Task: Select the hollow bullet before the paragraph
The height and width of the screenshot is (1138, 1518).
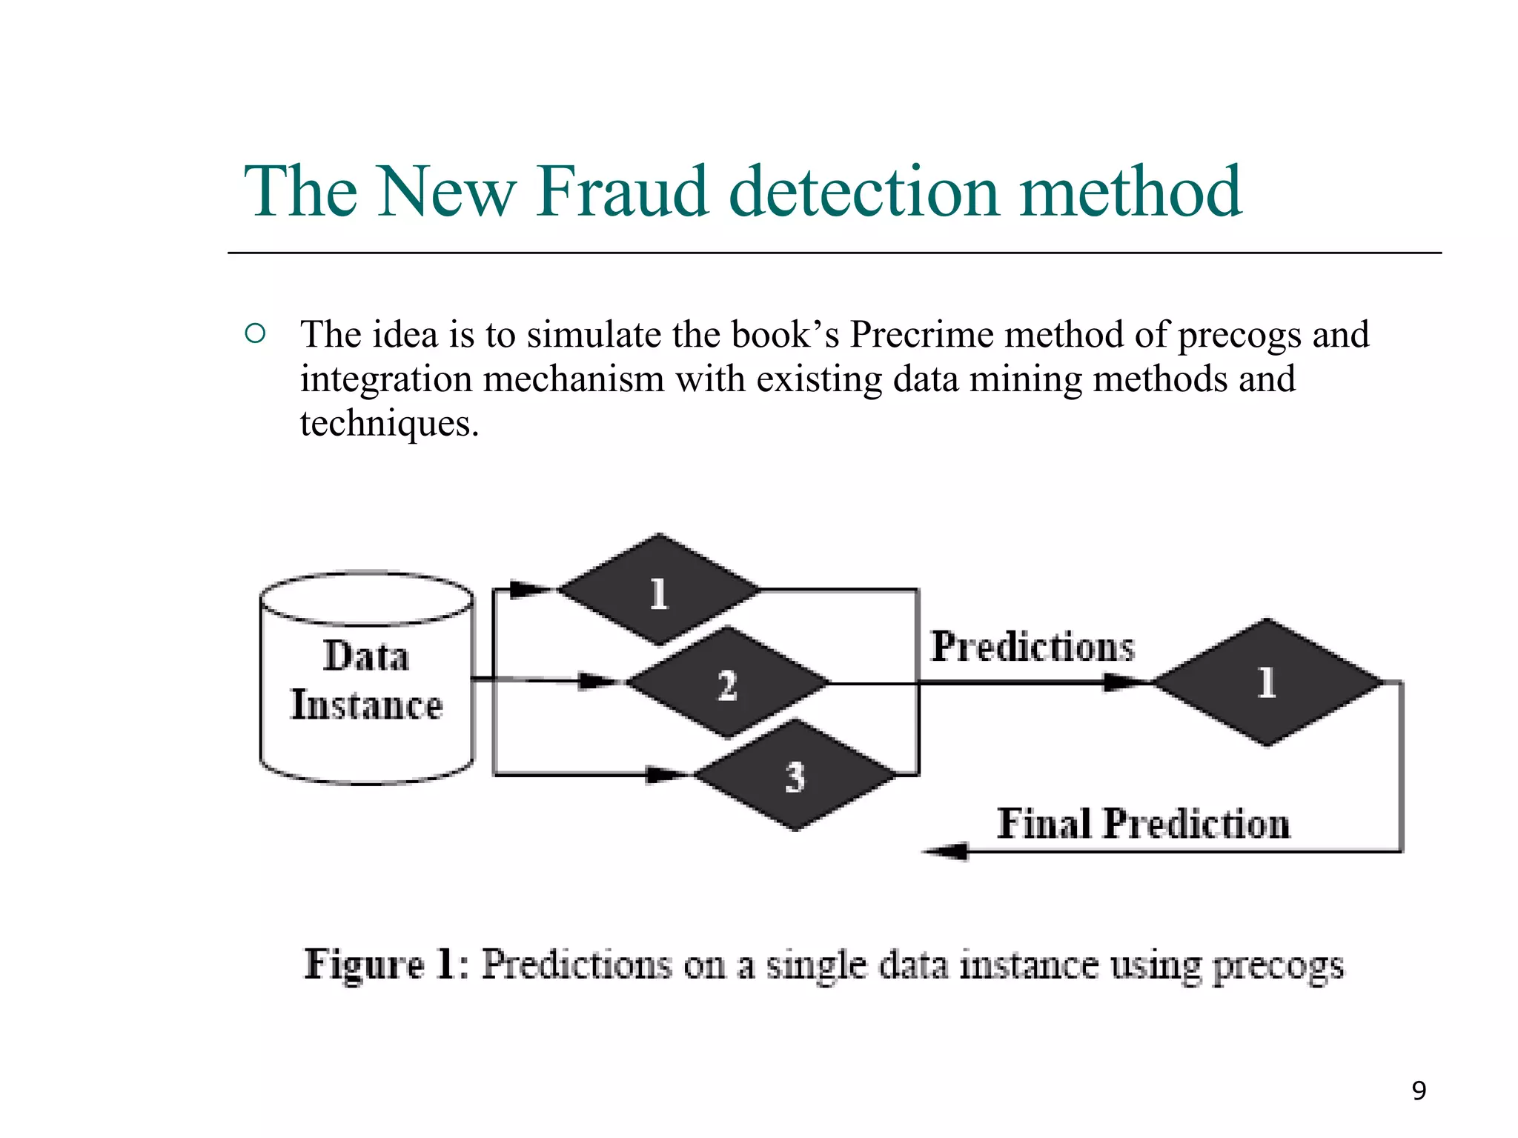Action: coord(254,333)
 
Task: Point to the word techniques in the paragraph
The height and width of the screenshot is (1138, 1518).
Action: coord(388,424)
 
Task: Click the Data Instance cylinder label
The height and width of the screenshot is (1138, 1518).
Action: coord(366,680)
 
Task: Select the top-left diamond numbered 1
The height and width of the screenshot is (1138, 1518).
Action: coord(659,590)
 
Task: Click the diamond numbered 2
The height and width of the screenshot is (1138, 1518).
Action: coord(727,682)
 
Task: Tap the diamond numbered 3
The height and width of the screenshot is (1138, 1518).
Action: coord(795,776)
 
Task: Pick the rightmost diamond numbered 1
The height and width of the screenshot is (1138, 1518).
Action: coord(1267,682)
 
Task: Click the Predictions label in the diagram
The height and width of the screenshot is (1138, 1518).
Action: coord(1032,647)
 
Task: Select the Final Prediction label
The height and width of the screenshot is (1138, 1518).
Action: coord(1143,824)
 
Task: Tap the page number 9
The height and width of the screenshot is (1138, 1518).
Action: coord(1419,1091)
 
